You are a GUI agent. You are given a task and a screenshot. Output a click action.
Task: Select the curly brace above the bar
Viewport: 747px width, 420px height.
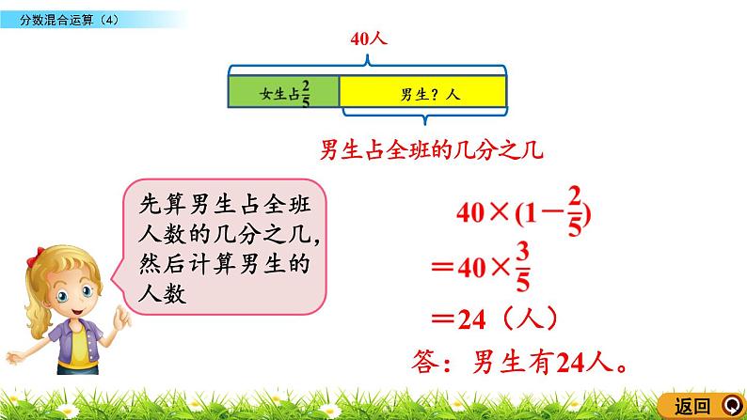pyautogui.click(x=367, y=59)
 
